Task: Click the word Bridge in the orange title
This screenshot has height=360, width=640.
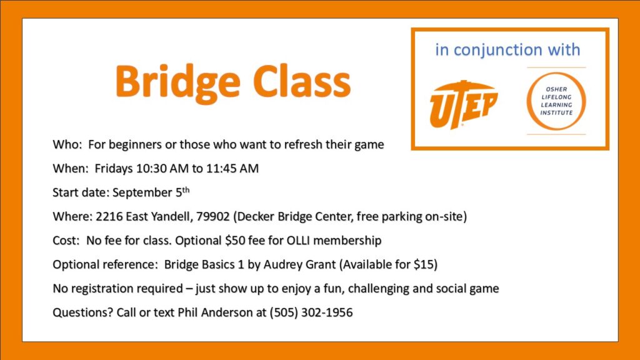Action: [177, 83]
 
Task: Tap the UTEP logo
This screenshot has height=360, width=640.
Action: [463, 104]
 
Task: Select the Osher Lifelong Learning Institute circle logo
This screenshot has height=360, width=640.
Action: [556, 101]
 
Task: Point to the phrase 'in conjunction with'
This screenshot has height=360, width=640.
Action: [507, 50]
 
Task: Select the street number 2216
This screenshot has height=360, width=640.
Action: [109, 216]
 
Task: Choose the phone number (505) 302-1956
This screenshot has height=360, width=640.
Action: [311, 312]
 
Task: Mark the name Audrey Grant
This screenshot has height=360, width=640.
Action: [299, 264]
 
